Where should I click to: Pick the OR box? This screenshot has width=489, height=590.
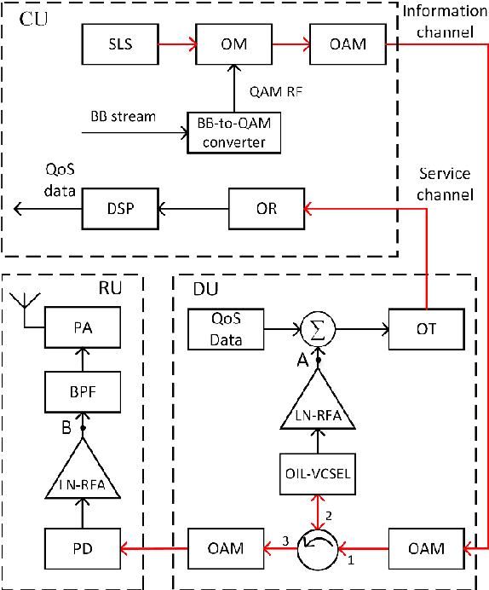tap(266, 208)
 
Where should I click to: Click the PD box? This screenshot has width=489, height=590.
tap(82, 547)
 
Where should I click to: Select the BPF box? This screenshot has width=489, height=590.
tap(82, 394)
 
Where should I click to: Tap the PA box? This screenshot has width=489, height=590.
tap(82, 327)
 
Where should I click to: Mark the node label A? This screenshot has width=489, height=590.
tap(302, 362)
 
